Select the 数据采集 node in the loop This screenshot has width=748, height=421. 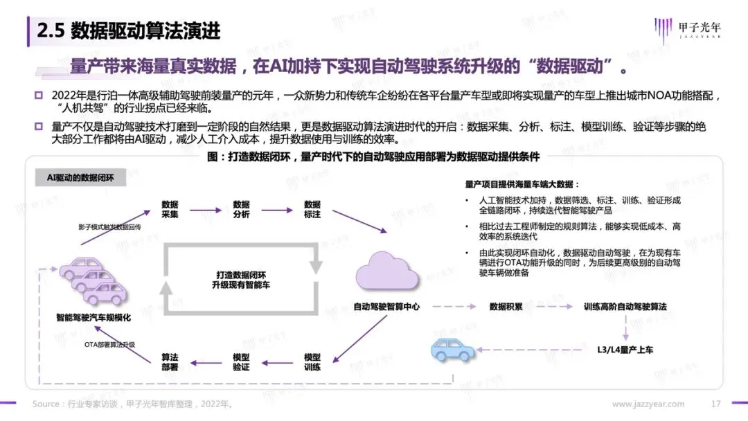pyautogui.click(x=170, y=209)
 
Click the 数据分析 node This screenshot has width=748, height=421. pyautogui.click(x=241, y=209)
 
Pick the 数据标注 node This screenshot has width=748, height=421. pyautogui.click(x=312, y=209)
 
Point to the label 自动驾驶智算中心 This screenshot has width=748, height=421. pyautogui.click(x=386, y=306)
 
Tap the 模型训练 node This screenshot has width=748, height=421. pyautogui.click(x=312, y=361)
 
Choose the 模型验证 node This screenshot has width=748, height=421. pyautogui.click(x=241, y=361)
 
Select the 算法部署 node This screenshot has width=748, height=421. pyautogui.click(x=170, y=361)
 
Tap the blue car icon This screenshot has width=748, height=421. pyautogui.click(x=453, y=350)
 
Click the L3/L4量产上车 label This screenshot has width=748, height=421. pyautogui.click(x=625, y=350)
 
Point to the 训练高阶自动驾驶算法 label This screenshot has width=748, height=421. pyautogui.click(x=625, y=306)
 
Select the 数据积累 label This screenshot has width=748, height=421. pyautogui.click(x=506, y=306)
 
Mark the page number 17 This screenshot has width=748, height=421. pyautogui.click(x=717, y=404)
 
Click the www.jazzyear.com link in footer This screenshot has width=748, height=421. pyautogui.click(x=648, y=404)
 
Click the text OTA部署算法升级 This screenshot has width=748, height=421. pyautogui.click(x=109, y=344)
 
